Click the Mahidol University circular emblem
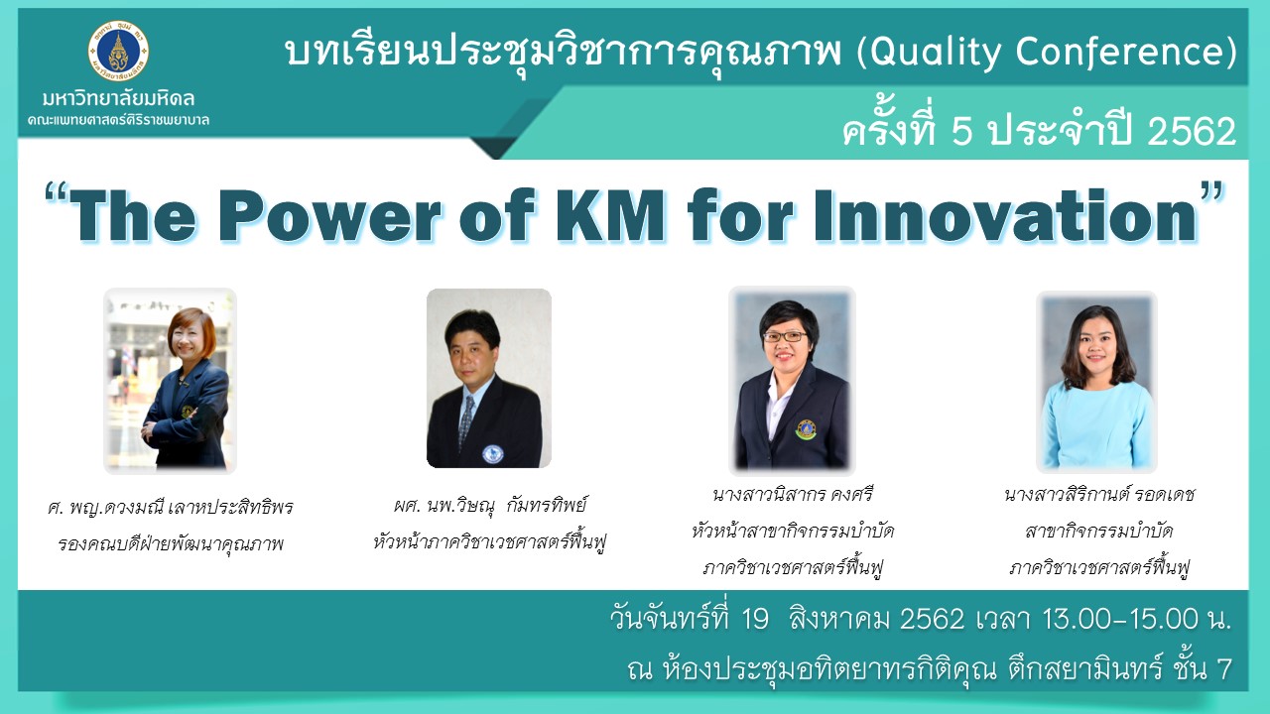pos(118,52)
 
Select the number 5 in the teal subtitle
pos(961,131)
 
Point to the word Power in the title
pos(334,216)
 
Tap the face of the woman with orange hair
pos(189,339)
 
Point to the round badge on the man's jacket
pos(493,454)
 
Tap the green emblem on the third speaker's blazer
pos(807,430)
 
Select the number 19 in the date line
pos(755,618)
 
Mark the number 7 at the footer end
pos(1223,668)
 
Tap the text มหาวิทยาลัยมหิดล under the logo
pos(118,98)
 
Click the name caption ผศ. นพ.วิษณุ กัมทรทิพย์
pos(490,505)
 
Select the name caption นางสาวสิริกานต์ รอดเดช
pos(1098,495)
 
